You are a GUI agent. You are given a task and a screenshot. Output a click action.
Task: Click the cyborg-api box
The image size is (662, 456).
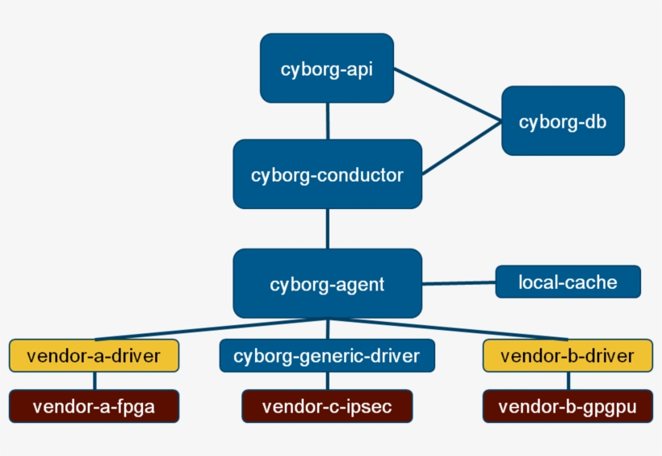pos(326,68)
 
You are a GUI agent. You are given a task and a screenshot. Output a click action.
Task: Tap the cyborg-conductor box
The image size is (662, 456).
pos(327,174)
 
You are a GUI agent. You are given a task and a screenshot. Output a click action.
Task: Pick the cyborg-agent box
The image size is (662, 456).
pos(327,283)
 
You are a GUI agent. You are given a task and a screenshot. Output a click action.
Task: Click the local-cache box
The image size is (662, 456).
pos(568,282)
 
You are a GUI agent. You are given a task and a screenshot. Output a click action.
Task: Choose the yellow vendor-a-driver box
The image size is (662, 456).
pos(94,356)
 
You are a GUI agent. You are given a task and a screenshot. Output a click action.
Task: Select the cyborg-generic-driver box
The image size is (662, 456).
pos(327,356)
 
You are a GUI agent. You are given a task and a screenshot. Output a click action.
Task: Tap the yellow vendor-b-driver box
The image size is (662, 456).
pos(568,356)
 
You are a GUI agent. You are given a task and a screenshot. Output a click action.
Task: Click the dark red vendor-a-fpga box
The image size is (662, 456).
pos(94,406)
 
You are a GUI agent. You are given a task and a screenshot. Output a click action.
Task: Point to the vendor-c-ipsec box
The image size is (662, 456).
pos(327,406)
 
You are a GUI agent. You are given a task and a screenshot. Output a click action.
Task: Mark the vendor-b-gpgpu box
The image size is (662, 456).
pos(568,406)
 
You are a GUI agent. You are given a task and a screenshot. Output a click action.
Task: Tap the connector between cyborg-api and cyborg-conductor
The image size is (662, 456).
pos(327,121)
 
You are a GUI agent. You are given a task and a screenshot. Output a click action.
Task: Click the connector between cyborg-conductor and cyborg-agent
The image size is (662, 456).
pos(327,228)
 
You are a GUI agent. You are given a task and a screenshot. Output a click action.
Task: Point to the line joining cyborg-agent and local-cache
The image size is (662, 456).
pos(459,283)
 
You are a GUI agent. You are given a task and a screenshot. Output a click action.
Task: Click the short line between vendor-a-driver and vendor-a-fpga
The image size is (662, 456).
pos(94,381)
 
